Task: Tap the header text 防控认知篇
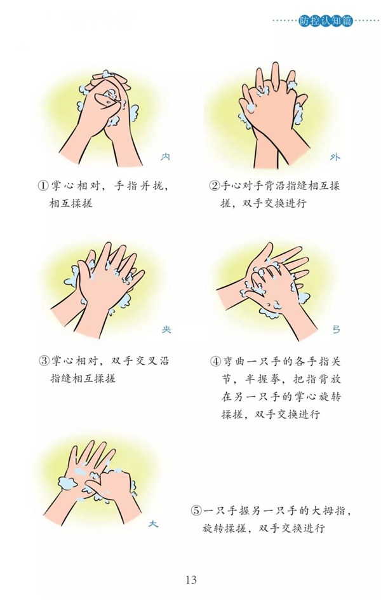click(x=326, y=21)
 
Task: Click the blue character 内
click(x=165, y=157)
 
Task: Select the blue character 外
click(x=335, y=157)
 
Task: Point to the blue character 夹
click(x=166, y=329)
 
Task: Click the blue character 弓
click(x=336, y=329)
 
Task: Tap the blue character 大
click(x=153, y=524)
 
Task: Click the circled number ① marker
click(x=43, y=186)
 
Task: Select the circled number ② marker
click(x=215, y=186)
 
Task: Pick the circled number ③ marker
click(x=44, y=361)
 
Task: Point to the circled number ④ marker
click(x=215, y=361)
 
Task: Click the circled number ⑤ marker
click(x=196, y=510)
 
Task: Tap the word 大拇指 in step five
click(x=326, y=510)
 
